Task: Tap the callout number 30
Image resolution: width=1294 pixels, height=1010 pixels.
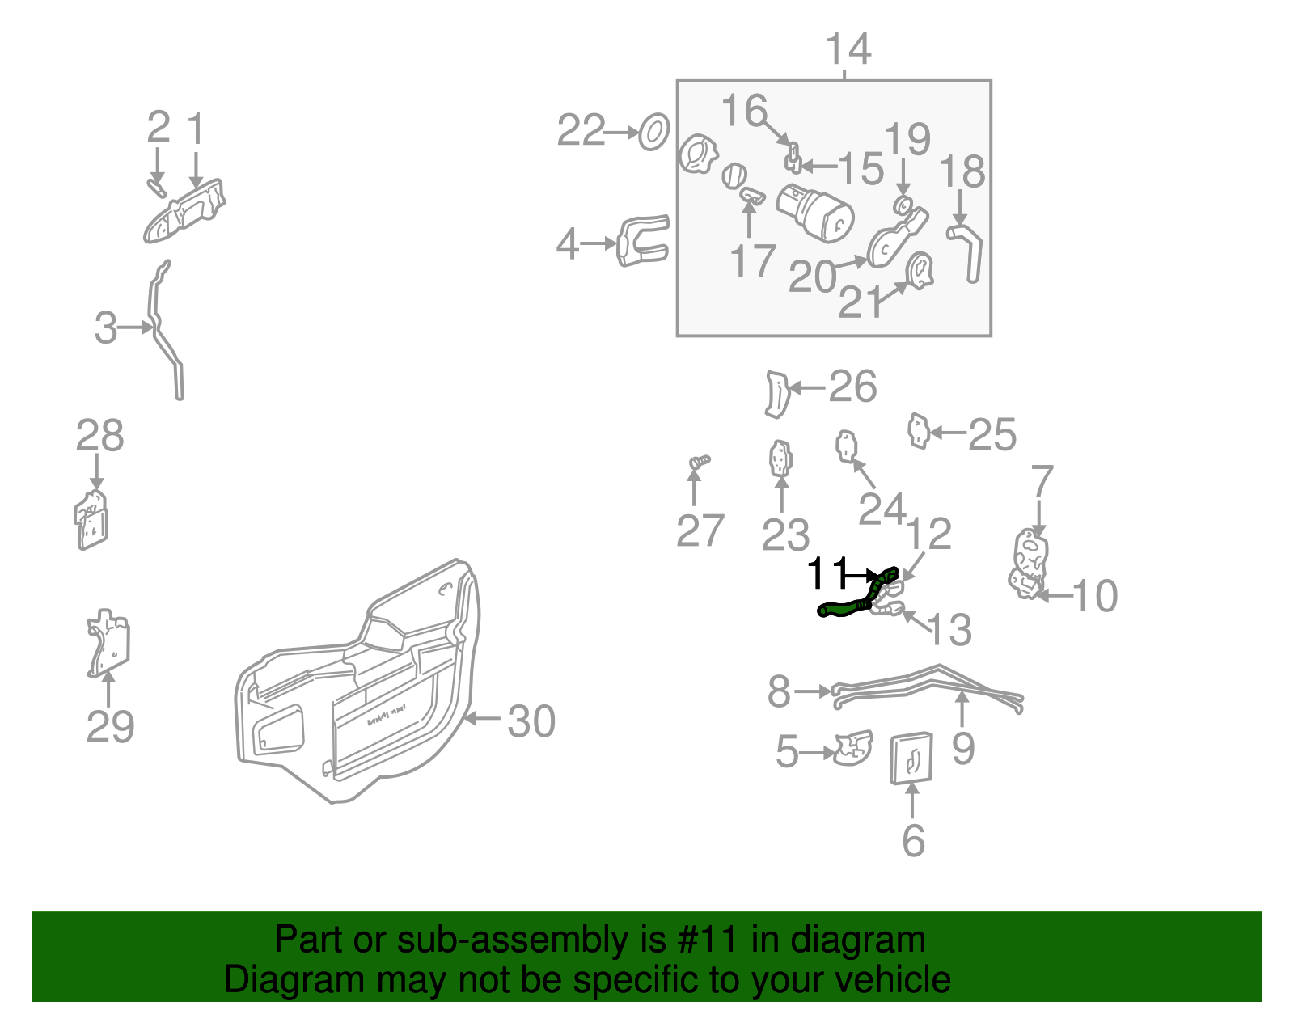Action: coord(531,721)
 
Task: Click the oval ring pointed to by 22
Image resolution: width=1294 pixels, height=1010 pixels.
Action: coord(653,132)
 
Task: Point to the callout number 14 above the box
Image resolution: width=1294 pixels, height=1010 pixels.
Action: coord(848,49)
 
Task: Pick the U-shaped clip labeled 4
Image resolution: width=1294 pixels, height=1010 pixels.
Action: coord(644,241)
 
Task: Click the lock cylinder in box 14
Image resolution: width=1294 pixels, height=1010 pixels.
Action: coord(815,212)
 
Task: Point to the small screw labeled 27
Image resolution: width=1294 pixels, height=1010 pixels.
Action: coord(699,462)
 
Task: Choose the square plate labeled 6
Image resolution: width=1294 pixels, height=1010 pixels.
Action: coord(911,759)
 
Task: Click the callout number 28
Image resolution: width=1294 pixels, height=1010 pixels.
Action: coord(99,436)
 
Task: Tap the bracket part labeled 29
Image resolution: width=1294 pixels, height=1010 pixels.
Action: coord(108,643)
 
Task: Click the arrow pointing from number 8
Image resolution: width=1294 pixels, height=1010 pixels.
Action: coord(814,691)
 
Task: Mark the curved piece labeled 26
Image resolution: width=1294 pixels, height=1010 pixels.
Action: coord(776,394)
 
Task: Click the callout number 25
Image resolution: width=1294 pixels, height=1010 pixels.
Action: coord(992,435)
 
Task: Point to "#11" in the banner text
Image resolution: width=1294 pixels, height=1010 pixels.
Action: coord(704,940)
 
